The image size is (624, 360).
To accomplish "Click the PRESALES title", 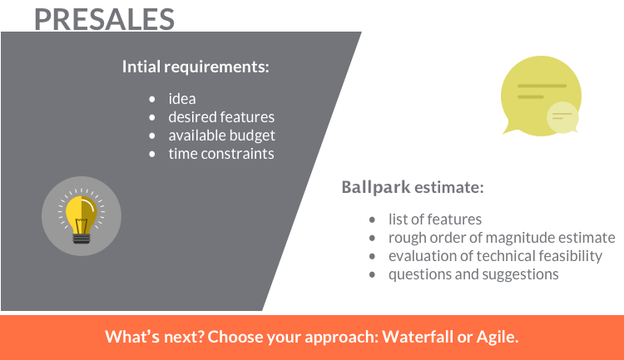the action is pyautogui.click(x=104, y=19).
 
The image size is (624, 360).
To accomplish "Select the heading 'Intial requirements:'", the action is pyautogui.click(x=196, y=67).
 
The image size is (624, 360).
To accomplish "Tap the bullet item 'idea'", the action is pyautogui.click(x=182, y=99).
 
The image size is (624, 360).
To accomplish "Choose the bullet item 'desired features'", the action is pyautogui.click(x=221, y=117).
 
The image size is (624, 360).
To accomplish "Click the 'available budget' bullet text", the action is pyautogui.click(x=221, y=136).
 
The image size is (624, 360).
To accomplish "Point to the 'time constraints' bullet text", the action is pyautogui.click(x=221, y=154).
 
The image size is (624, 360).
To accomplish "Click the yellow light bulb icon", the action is pyautogui.click(x=82, y=216).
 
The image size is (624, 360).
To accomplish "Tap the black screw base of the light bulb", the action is pyautogui.click(x=82, y=239).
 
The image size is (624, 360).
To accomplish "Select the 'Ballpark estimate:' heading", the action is pyautogui.click(x=413, y=187).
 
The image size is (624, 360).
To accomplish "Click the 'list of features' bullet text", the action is pyautogui.click(x=435, y=219).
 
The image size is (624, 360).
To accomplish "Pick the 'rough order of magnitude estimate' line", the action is pyautogui.click(x=502, y=238).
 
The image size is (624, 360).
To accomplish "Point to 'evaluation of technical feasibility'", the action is pyautogui.click(x=496, y=256).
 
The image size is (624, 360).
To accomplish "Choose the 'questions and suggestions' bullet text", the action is pyautogui.click(x=473, y=274).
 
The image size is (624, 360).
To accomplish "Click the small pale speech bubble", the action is pyautogui.click(x=562, y=117).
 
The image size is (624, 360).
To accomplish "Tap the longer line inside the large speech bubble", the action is pyautogui.click(x=542, y=86).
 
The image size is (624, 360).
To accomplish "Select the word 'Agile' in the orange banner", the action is pyautogui.click(x=498, y=338).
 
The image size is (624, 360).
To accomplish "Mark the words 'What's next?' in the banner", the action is pyautogui.click(x=155, y=337).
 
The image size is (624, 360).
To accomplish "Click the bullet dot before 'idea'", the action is pyautogui.click(x=152, y=99).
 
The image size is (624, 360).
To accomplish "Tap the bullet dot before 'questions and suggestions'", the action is pyautogui.click(x=372, y=274).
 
